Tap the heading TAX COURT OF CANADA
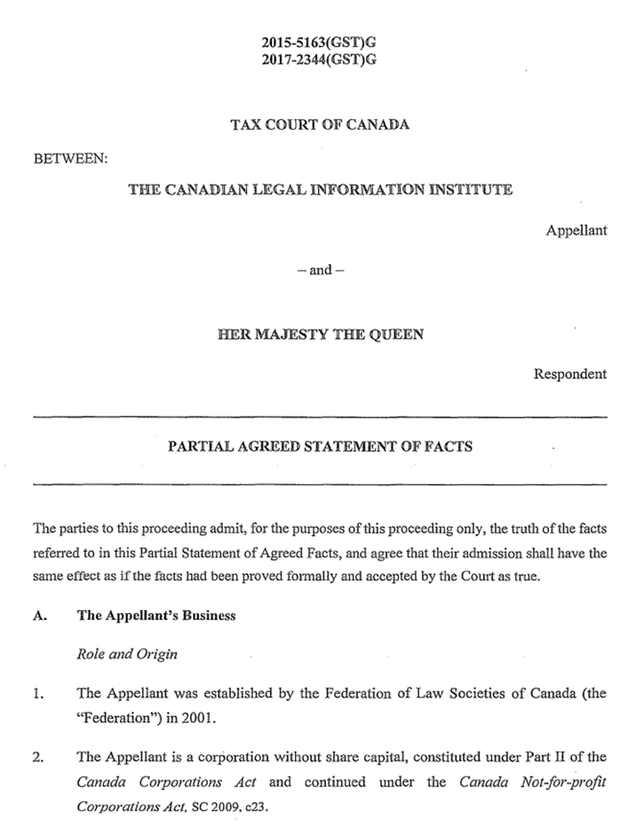point(320,124)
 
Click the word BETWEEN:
point(70,158)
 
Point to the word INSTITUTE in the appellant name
point(467,190)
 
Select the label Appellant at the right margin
point(576,230)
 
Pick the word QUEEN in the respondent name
point(397,335)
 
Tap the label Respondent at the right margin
point(570,374)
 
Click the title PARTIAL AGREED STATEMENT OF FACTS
point(320,448)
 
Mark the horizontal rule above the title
point(320,416)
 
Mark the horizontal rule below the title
point(320,483)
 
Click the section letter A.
point(39,616)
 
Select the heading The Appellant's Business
point(156,616)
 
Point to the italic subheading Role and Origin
point(127,655)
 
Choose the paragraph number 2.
point(38,757)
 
